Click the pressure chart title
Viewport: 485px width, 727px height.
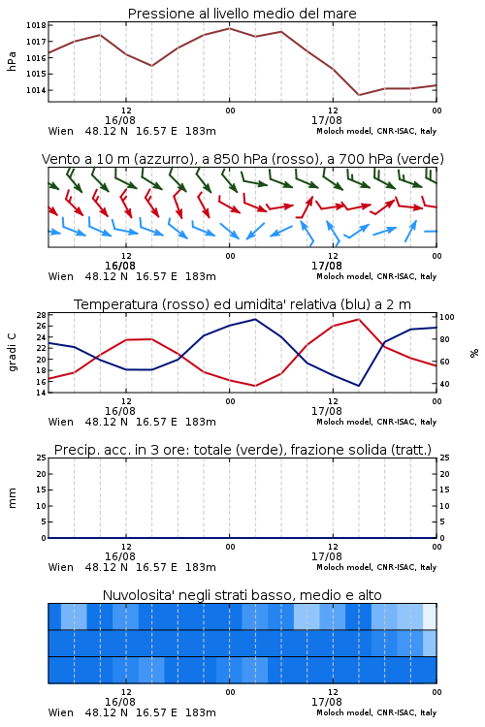click(242, 14)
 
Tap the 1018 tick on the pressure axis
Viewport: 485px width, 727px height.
click(36, 25)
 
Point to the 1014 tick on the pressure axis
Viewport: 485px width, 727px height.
click(36, 90)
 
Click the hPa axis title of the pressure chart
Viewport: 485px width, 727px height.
click(12, 61)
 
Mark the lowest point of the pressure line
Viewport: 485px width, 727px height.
click(359, 95)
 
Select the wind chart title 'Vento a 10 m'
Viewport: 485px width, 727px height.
click(242, 159)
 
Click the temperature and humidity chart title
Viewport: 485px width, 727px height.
click(242, 304)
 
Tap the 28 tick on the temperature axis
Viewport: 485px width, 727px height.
click(42, 315)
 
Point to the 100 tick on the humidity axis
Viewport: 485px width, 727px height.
click(447, 317)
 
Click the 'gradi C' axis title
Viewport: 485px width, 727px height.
click(12, 352)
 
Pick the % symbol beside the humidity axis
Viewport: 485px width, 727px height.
click(474, 353)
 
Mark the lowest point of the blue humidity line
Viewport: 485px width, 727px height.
click(359, 386)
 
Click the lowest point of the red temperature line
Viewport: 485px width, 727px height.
click(255, 386)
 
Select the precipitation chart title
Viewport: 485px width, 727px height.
click(242, 450)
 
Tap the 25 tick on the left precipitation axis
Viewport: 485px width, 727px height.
click(42, 458)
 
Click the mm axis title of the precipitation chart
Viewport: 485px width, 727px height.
click(12, 498)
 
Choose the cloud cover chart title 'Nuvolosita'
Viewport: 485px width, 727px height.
click(242, 595)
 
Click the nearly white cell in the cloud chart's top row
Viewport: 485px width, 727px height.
click(430, 616)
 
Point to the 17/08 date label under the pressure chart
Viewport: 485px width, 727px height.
click(327, 120)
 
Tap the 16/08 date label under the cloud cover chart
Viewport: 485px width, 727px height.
click(120, 702)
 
